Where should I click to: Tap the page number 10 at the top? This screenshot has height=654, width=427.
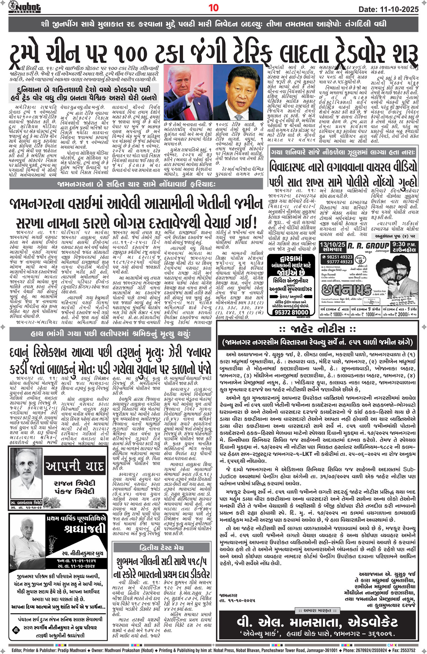[x=213, y=8]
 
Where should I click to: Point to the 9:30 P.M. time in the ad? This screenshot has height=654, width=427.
[x=405, y=245]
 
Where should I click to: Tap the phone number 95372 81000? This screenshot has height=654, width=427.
[x=291, y=312]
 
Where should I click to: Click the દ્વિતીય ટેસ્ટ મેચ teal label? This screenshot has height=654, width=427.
[x=162, y=548]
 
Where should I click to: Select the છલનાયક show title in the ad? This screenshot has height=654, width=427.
[x=346, y=290]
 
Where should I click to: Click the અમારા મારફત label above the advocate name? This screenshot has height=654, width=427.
[x=317, y=610]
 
